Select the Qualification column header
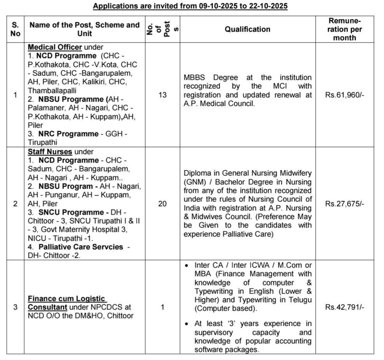click(x=247, y=29)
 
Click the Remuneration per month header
click(x=344, y=29)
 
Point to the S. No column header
click(x=15, y=29)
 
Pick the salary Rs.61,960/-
click(x=345, y=95)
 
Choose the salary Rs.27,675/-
click(x=345, y=203)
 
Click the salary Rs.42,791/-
click(x=345, y=307)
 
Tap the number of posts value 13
click(x=162, y=95)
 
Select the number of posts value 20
click(x=162, y=203)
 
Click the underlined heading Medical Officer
click(x=55, y=47)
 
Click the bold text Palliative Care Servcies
click(x=81, y=247)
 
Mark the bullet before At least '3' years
click(x=187, y=324)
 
